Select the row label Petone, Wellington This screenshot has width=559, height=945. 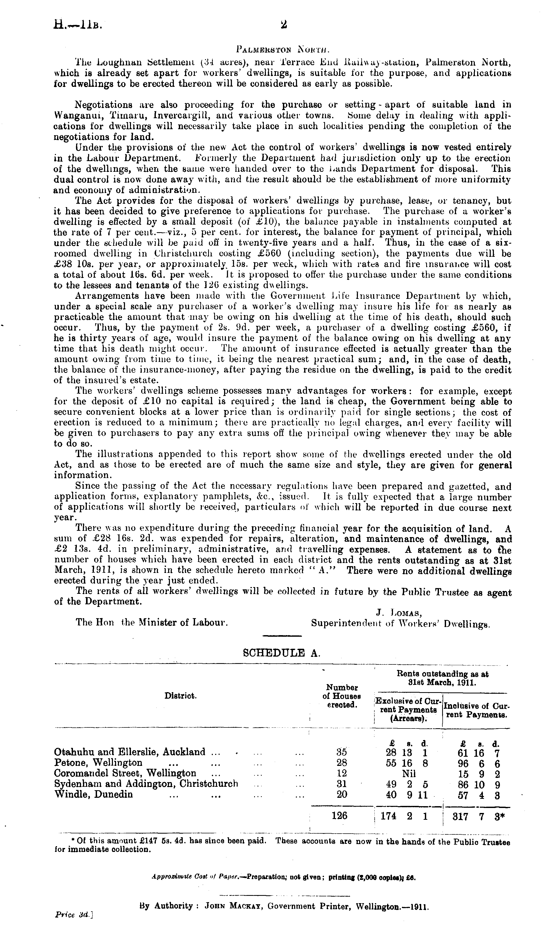click(x=99, y=763)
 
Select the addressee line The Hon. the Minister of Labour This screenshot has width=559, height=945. click(x=152, y=623)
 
